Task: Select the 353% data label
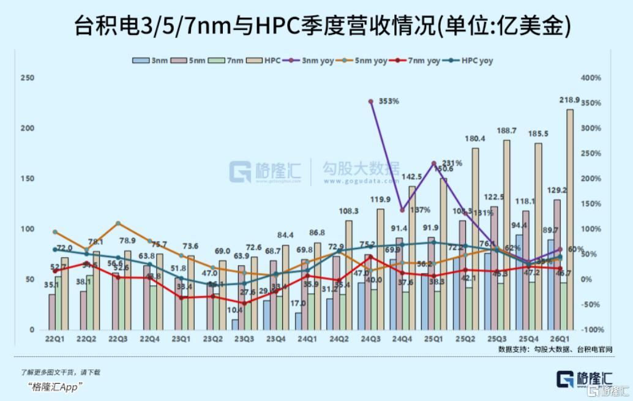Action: pyautogui.click(x=389, y=100)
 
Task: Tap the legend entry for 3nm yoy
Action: pyautogui.click(x=316, y=61)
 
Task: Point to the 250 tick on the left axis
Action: pyautogui.click(x=27, y=78)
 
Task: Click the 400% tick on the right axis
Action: pyautogui.click(x=591, y=78)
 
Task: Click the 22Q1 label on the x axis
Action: pyautogui.click(x=54, y=339)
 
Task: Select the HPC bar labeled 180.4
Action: pyautogui.click(x=475, y=239)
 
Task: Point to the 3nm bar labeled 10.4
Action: pyautogui.click(x=234, y=324)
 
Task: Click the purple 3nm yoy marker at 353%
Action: pyautogui.click(x=371, y=101)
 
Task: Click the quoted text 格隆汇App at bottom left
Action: pyautogui.click(x=55, y=386)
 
